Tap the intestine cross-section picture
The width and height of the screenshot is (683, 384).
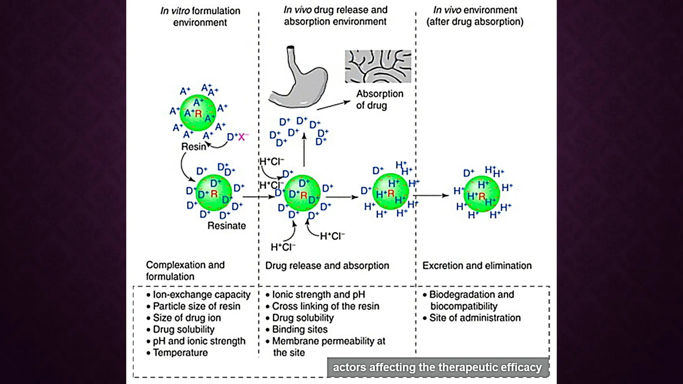(378, 66)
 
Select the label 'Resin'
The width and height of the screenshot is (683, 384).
(193, 147)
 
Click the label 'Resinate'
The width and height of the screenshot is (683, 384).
(226, 226)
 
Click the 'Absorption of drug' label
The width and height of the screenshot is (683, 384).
(379, 99)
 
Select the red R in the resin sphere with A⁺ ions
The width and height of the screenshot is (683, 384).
(198, 114)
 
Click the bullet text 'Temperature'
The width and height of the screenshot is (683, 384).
(180, 353)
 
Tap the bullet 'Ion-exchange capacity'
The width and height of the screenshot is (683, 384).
(201, 295)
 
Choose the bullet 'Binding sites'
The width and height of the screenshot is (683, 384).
(299, 329)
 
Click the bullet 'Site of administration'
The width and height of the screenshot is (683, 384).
(475, 318)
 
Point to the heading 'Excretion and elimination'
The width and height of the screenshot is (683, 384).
(477, 266)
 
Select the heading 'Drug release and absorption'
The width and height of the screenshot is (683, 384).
(327, 266)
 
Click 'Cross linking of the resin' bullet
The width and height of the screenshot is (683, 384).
(325, 306)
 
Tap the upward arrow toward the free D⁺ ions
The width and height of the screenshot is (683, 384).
(304, 150)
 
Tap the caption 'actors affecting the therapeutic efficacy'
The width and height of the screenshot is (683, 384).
(437, 367)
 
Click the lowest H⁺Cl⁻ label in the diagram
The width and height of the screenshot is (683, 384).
(283, 247)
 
